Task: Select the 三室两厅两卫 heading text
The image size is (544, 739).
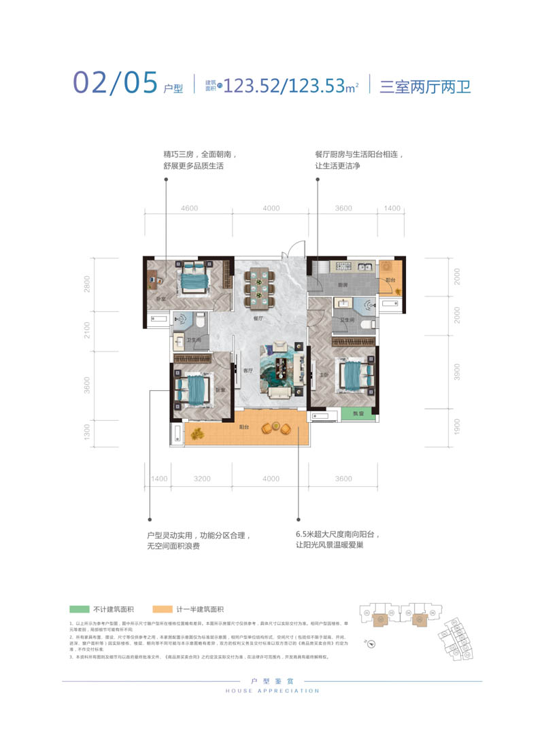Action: pyautogui.click(x=425, y=86)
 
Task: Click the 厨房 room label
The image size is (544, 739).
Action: pyautogui.click(x=345, y=285)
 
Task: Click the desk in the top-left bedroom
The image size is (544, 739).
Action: pyautogui.click(x=152, y=279)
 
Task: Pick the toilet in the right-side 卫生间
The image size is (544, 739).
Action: pyautogui.click(x=368, y=324)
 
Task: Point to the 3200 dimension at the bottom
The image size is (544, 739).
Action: pyautogui.click(x=202, y=479)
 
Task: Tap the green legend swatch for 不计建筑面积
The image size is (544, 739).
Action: pyautogui.click(x=79, y=610)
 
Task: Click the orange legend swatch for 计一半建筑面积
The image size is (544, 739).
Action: pyautogui.click(x=163, y=610)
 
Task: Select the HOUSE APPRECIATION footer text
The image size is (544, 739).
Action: pyautogui.click(x=272, y=691)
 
